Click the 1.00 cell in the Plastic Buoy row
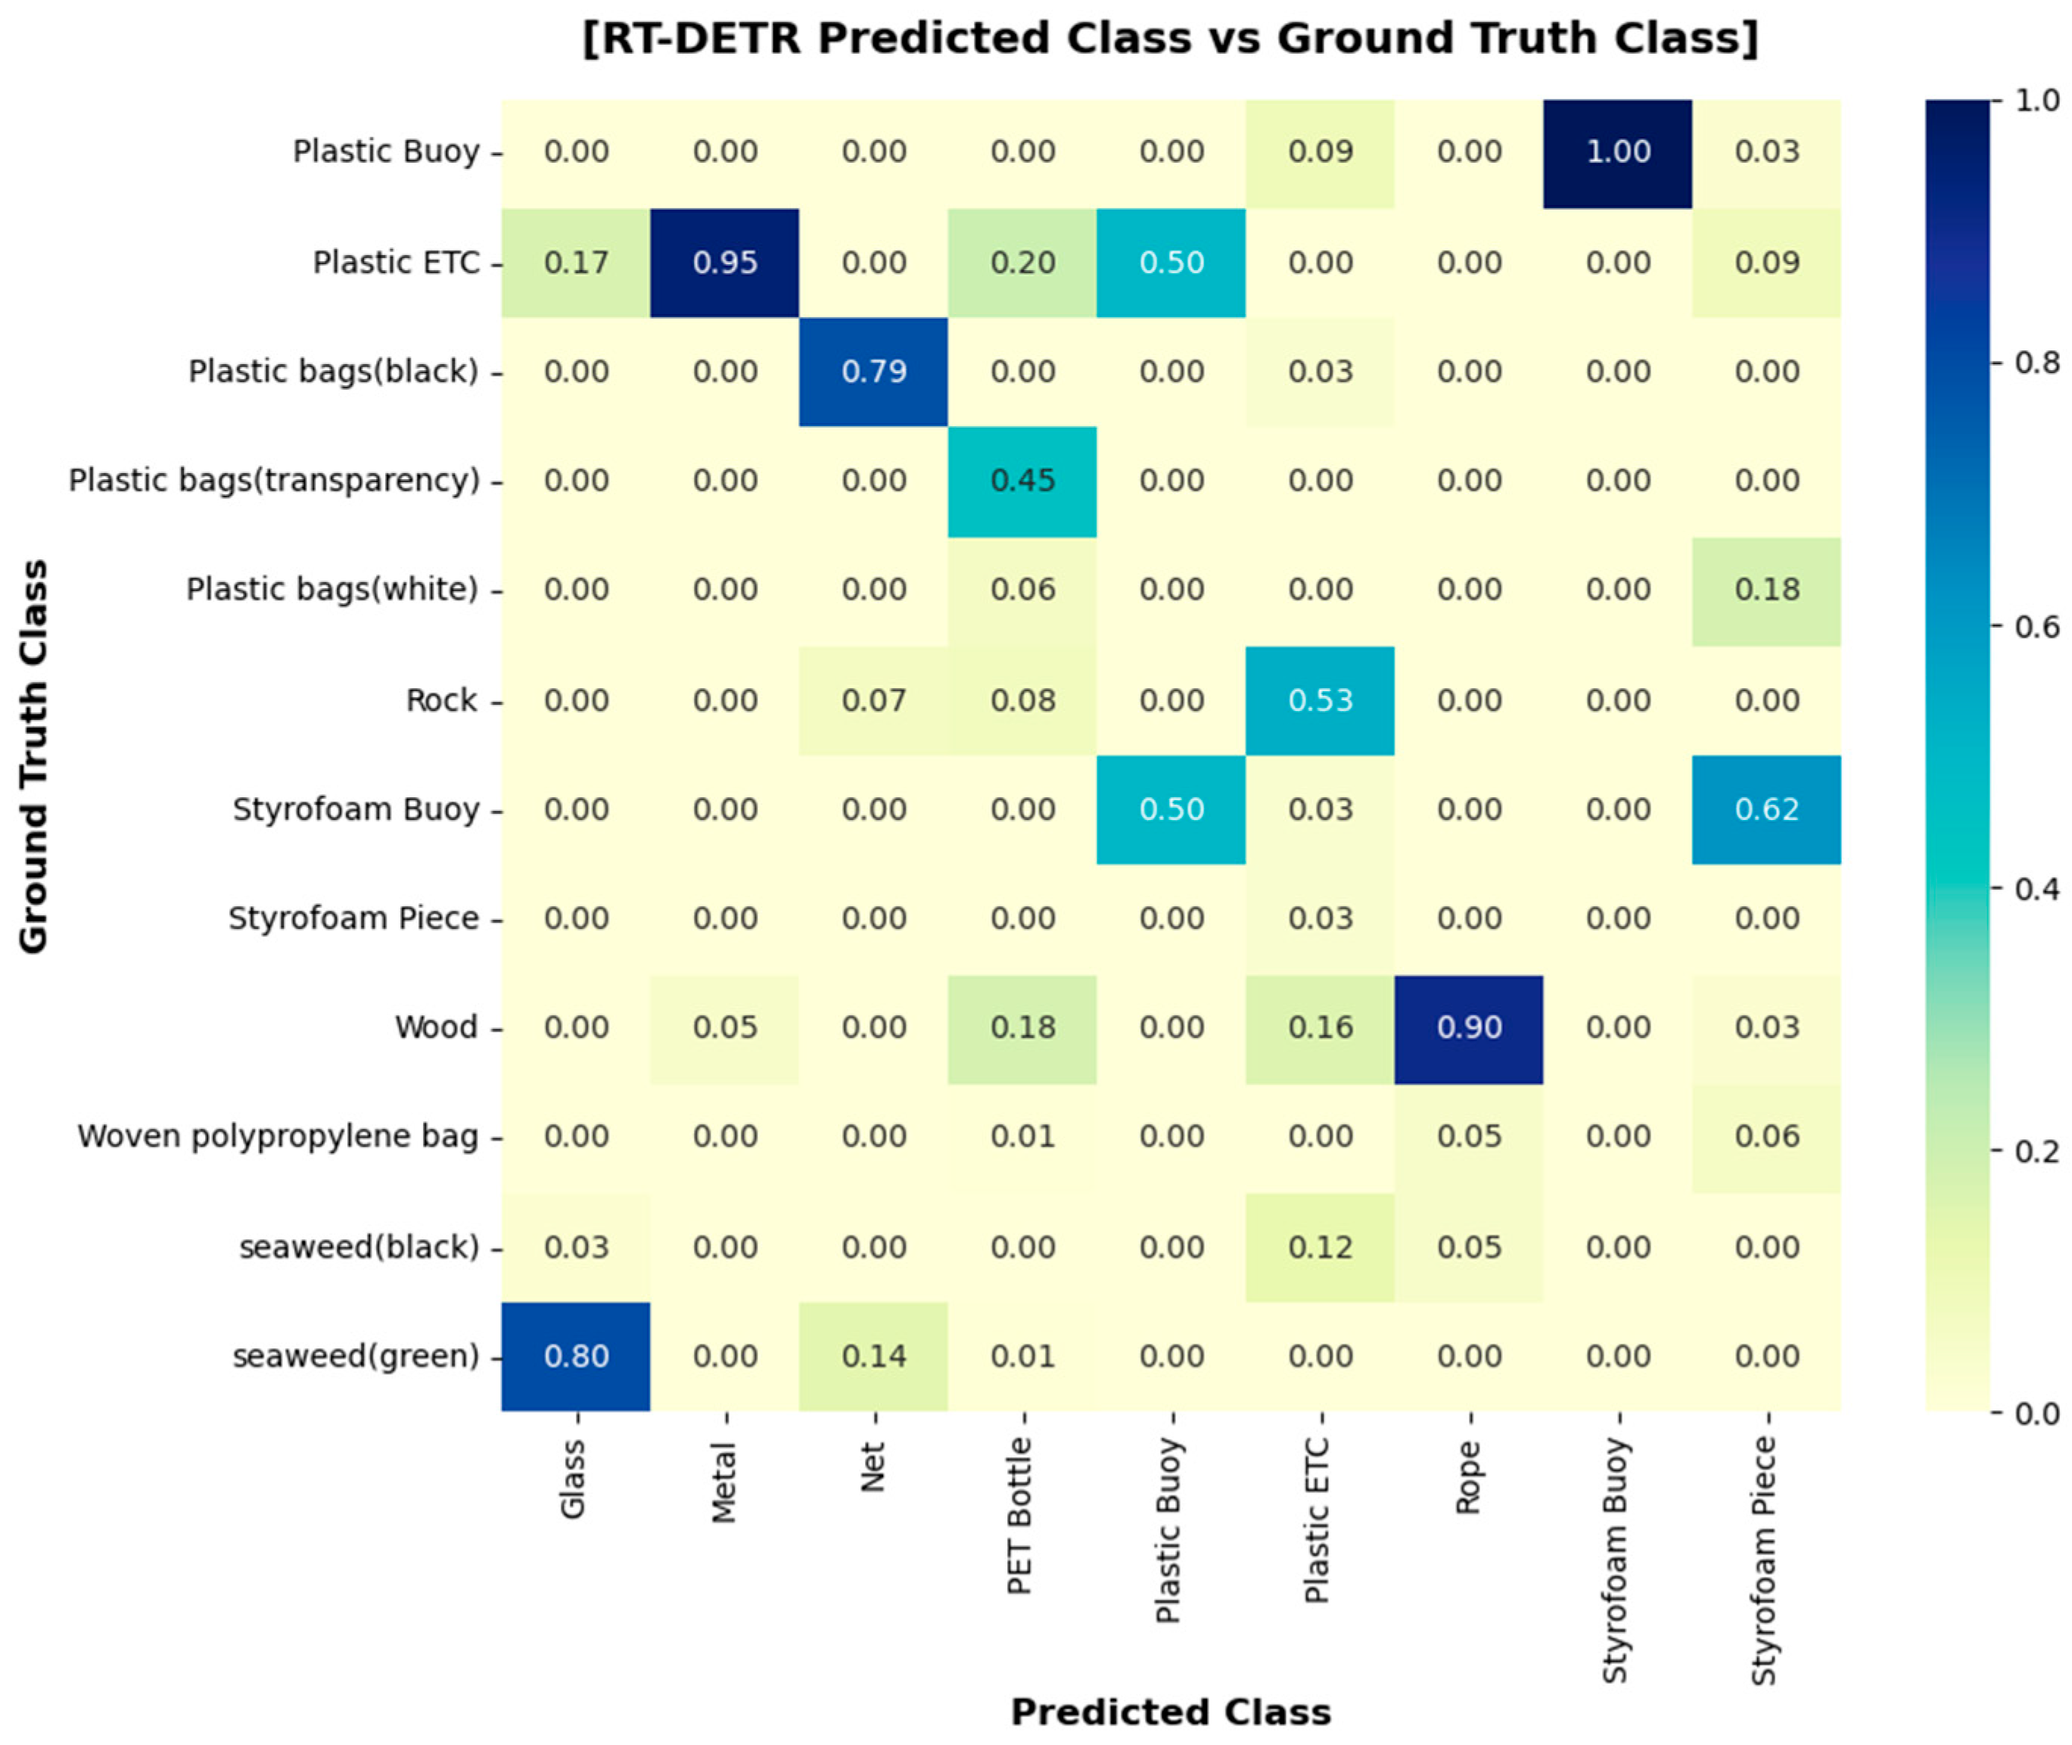point(1617,152)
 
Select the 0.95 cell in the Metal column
point(725,262)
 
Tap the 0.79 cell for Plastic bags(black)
point(873,372)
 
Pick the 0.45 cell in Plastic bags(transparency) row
point(1022,481)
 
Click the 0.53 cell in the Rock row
point(1321,700)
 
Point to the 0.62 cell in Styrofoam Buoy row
point(1766,809)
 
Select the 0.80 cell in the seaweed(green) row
point(576,1356)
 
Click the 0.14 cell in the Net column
point(873,1356)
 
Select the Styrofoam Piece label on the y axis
point(353,919)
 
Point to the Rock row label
point(441,700)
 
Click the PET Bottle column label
point(1021,1516)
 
